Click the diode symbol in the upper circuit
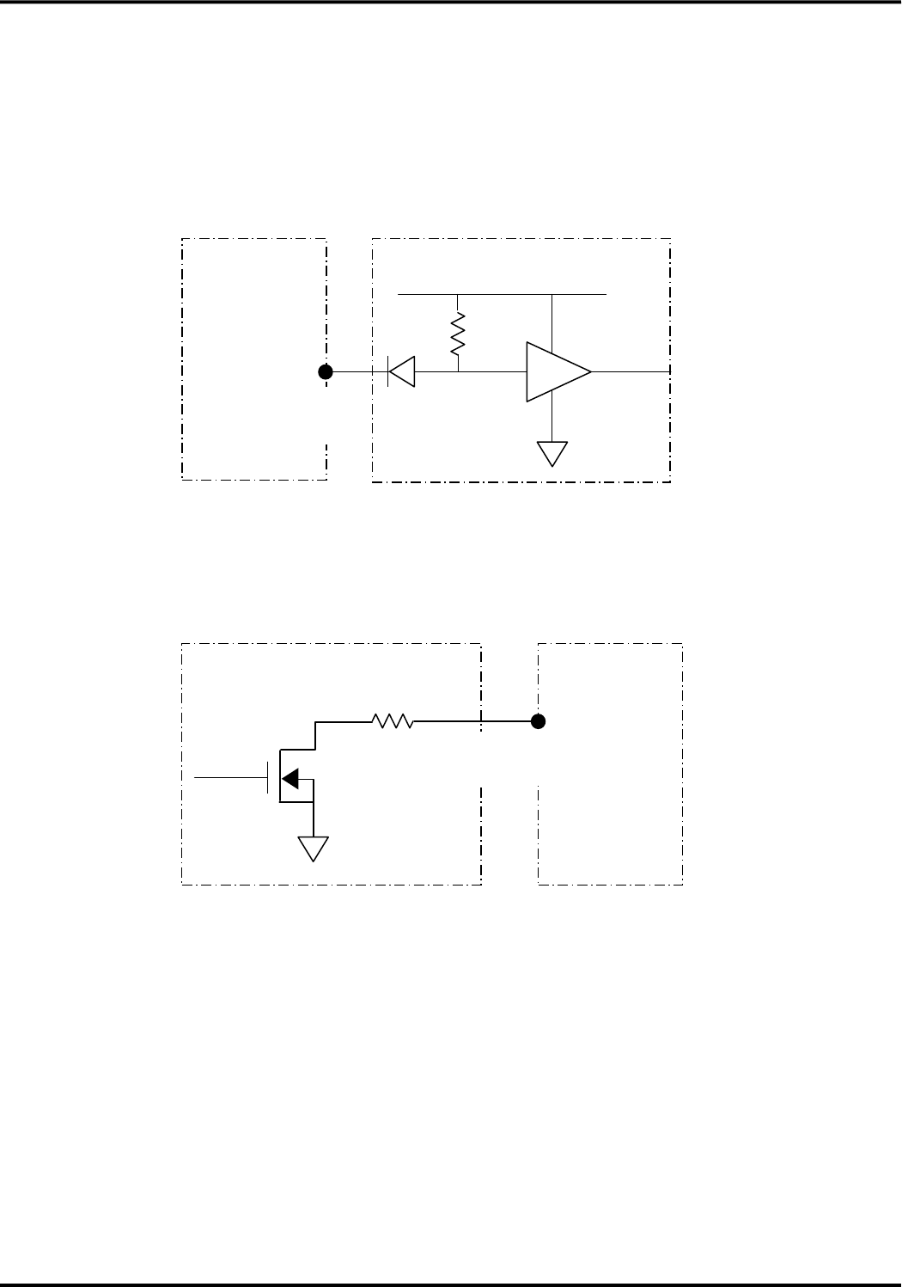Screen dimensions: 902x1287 [x=401, y=372]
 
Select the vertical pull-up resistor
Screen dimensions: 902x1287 [x=459, y=334]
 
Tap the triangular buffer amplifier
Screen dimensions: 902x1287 [x=557, y=372]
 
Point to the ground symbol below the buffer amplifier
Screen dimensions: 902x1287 [x=552, y=452]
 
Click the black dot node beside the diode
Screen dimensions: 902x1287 [x=326, y=372]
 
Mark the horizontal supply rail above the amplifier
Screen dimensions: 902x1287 [x=503, y=293]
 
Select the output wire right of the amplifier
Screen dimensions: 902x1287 [x=631, y=372]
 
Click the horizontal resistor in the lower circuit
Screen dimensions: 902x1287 [x=393, y=722]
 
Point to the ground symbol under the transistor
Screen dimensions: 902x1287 [x=314, y=849]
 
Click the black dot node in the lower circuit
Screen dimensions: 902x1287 [x=539, y=722]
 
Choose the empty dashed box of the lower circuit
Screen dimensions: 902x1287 [x=611, y=800]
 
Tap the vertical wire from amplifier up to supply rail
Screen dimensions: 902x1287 [x=552, y=318]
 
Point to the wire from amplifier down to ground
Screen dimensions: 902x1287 [x=552, y=421]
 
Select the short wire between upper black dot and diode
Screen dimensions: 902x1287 [x=352, y=372]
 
